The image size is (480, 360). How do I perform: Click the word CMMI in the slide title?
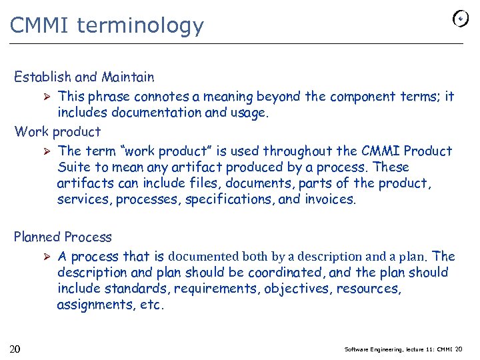pyautogui.click(x=41, y=25)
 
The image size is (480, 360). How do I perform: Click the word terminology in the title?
pyautogui.click(x=140, y=26)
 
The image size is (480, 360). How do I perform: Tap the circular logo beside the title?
pyautogui.click(x=460, y=19)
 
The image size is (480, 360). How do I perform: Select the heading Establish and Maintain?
pyautogui.click(x=84, y=77)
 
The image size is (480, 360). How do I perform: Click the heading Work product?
pyautogui.click(x=57, y=132)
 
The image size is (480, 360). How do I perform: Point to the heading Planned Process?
pyautogui.click(x=63, y=237)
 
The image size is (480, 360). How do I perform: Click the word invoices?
pyautogui.click(x=330, y=199)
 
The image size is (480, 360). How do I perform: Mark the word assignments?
pyautogui.click(x=93, y=305)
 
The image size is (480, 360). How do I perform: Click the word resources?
pyautogui.click(x=368, y=289)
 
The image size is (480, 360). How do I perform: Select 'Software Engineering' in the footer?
pyautogui.click(x=373, y=349)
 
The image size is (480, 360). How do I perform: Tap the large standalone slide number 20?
pyautogui.click(x=15, y=349)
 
